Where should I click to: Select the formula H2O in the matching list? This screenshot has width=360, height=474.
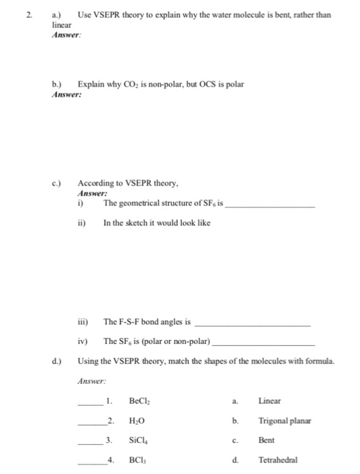(x=137, y=421)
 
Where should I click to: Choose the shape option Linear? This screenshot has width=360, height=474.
(x=270, y=402)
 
